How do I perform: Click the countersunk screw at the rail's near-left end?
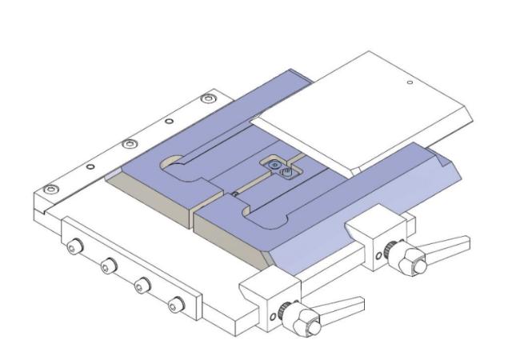pos(52,190)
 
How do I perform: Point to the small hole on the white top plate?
pos(409,82)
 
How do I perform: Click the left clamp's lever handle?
pos(339,305)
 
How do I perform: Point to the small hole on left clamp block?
pos(274,317)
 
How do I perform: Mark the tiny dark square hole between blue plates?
pos(234,192)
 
